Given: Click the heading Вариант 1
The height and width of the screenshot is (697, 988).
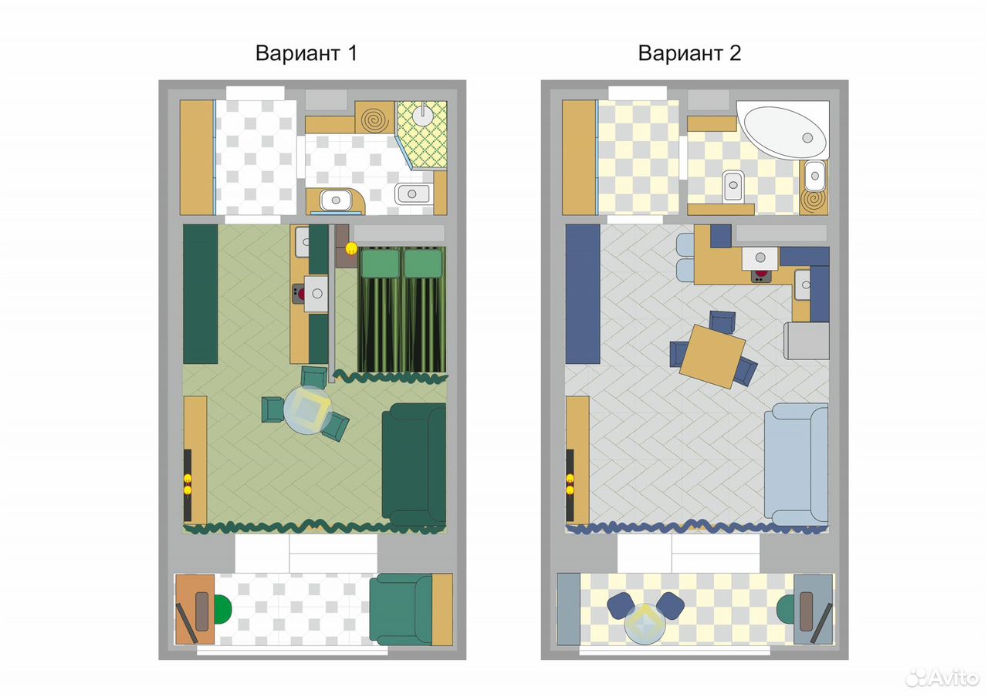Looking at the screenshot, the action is (x=306, y=53).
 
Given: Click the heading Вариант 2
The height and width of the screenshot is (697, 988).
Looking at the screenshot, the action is (x=689, y=53).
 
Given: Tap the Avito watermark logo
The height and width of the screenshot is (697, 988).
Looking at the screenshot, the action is (x=942, y=678).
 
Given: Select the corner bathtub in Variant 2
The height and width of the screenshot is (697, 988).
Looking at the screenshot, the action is (x=783, y=130).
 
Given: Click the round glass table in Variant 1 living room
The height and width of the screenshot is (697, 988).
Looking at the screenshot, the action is (x=308, y=411).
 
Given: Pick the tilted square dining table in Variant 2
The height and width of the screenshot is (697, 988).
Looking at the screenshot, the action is (x=712, y=356).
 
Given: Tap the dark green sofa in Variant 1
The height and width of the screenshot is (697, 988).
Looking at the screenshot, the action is (x=414, y=464).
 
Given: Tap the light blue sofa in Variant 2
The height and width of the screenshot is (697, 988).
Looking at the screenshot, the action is (x=796, y=464).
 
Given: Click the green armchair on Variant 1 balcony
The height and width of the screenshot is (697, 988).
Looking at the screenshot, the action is (x=401, y=609).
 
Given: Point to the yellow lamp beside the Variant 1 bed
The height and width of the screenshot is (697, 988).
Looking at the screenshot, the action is (x=351, y=248).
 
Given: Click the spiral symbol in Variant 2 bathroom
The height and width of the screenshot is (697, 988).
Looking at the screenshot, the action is (x=814, y=201).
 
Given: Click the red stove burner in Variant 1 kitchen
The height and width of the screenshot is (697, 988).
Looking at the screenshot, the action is (x=301, y=294).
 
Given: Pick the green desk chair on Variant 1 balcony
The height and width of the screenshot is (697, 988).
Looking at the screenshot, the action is (x=223, y=609).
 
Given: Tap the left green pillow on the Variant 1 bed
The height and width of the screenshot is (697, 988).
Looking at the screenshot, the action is (x=381, y=263).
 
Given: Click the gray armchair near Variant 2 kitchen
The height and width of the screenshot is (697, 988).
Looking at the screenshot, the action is (x=807, y=341).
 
